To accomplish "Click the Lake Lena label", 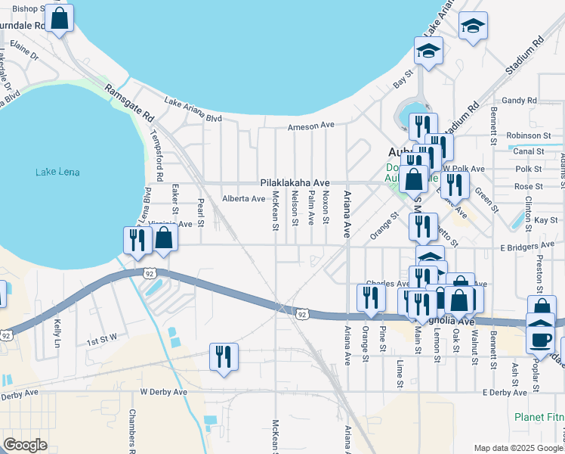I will click(55, 173).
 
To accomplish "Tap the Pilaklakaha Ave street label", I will click(295, 183).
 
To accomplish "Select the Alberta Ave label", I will click(243, 199).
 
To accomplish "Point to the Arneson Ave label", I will click(310, 126).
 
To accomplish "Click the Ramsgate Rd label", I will click(129, 103).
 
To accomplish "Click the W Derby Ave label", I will click(163, 392).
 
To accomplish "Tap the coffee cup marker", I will click(540, 338).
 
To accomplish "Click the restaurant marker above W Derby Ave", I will click(224, 356).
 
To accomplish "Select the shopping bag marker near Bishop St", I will click(60, 18).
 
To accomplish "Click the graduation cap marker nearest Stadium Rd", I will click(473, 26).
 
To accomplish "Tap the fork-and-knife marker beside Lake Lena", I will click(137, 240).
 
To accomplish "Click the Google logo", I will click(25, 445).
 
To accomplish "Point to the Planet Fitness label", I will click(539, 417).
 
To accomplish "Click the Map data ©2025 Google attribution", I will click(517, 447).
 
